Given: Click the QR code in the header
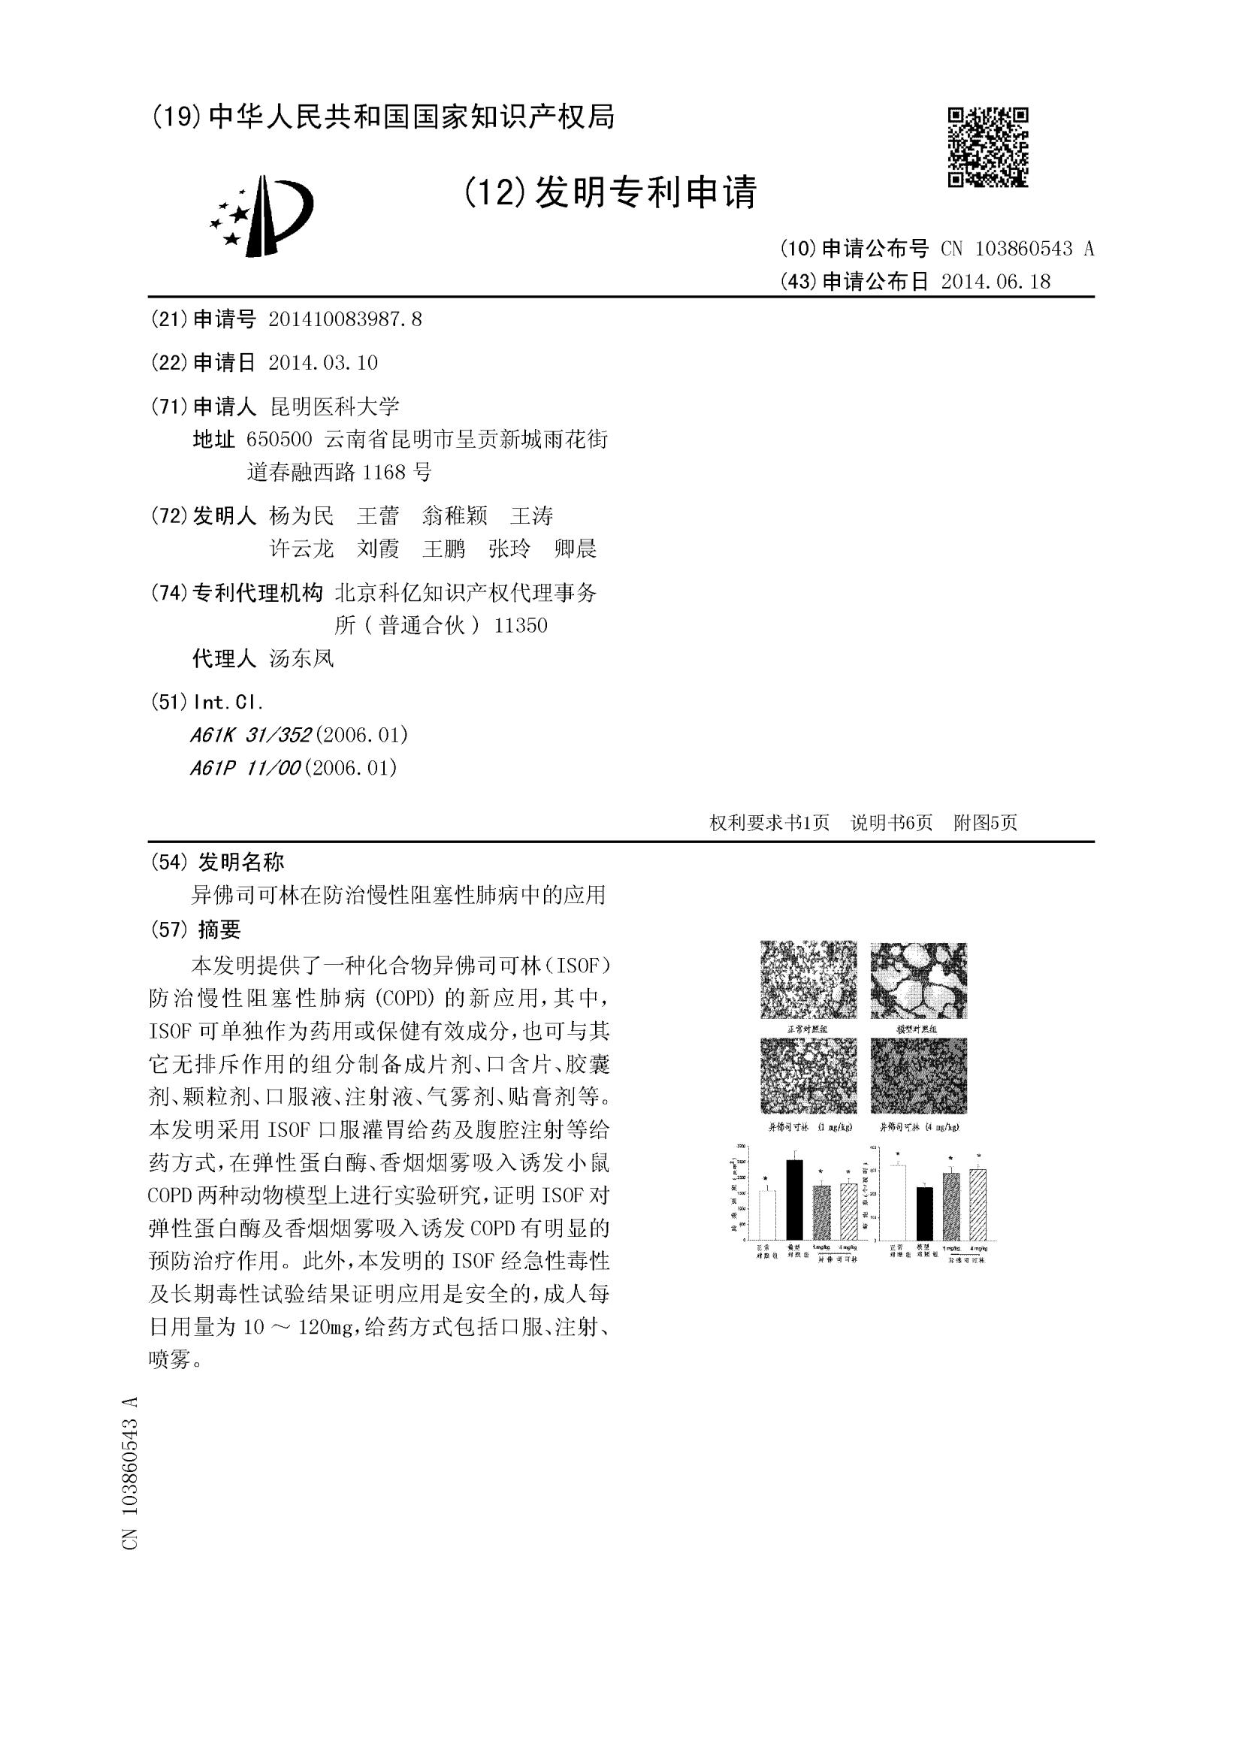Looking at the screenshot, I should [988, 147].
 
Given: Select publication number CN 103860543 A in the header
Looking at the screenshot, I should [1018, 249].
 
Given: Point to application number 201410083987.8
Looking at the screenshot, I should [345, 319].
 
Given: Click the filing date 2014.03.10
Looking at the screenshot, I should [324, 362].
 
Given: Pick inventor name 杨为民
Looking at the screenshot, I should [301, 516].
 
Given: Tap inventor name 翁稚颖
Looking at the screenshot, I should [455, 516].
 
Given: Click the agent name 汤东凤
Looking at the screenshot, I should [301, 658].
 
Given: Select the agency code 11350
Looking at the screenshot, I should [521, 626].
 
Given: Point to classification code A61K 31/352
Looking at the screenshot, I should [251, 735].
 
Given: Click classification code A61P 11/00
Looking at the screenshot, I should [246, 768].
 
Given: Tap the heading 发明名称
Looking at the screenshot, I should [241, 862].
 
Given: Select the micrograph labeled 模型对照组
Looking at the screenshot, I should [918, 980].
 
